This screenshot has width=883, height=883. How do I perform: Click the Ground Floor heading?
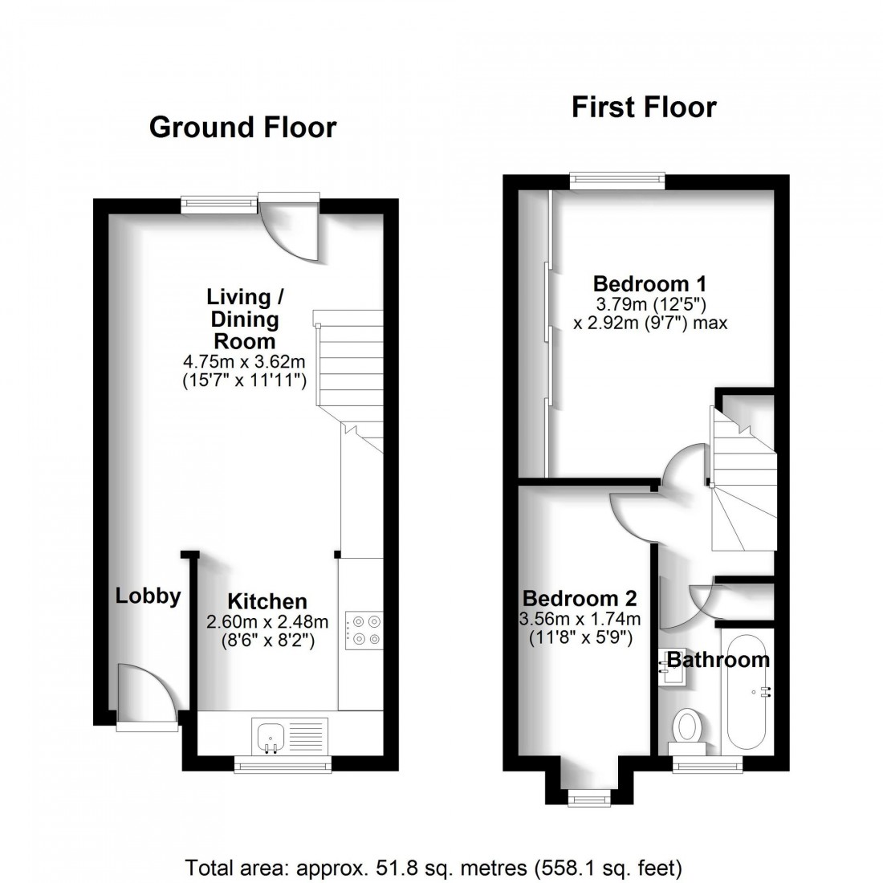tap(242, 127)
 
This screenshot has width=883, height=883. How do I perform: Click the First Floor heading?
tap(644, 107)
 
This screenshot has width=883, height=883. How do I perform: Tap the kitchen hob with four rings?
tap(364, 629)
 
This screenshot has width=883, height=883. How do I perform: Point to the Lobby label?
tap(148, 596)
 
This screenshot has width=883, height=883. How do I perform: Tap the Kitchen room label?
tap(267, 601)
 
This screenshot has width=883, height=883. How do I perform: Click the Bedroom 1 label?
tap(650, 283)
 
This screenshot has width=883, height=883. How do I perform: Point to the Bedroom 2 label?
tap(580, 598)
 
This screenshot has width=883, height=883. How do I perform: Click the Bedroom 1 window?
tap(618, 180)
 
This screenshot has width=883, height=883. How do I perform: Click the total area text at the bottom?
tap(434, 867)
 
